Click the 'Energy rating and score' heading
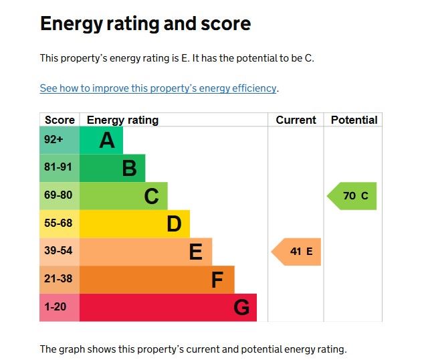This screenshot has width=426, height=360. click(145, 24)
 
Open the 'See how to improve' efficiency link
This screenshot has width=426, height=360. click(158, 88)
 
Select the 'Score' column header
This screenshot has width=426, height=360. click(60, 120)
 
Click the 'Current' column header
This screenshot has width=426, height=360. click(296, 120)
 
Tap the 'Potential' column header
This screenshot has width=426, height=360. click(354, 120)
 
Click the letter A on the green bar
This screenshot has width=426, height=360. click(106, 141)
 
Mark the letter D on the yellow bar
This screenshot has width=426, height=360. click(174, 224)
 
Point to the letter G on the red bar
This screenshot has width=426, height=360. click(241, 308)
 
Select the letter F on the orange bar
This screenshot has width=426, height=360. click(217, 280)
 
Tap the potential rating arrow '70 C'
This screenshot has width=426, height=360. click(352, 196)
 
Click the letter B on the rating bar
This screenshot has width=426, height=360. click(129, 169)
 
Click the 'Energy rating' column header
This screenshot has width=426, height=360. click(122, 120)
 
